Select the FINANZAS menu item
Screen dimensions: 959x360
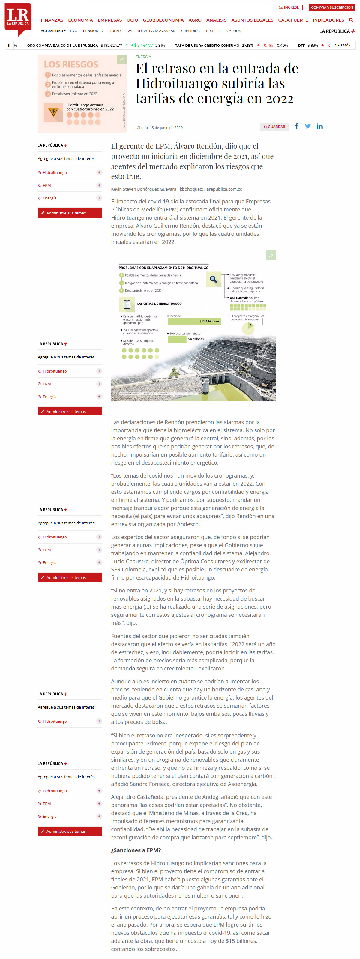[x=52, y=20]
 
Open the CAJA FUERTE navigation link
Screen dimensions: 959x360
[x=292, y=20]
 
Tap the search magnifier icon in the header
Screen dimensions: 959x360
[x=351, y=20]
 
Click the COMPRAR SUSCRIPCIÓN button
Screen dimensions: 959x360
[x=332, y=7]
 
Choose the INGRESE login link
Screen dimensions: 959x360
[x=289, y=7]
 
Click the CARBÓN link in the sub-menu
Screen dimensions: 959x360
[x=234, y=31]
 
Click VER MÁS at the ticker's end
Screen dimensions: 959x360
[x=343, y=45]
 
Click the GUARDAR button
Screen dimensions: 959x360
[x=274, y=127]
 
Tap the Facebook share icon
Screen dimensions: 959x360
[x=297, y=126]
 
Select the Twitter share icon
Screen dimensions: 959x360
[x=308, y=126]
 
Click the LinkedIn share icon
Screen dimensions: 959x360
[x=320, y=127]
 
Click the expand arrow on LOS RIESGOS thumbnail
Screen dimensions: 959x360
[x=121, y=60]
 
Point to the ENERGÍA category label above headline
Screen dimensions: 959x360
[x=143, y=57]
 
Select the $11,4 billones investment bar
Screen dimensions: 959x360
[x=194, y=321]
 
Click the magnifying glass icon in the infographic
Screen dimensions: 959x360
[x=214, y=279]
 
